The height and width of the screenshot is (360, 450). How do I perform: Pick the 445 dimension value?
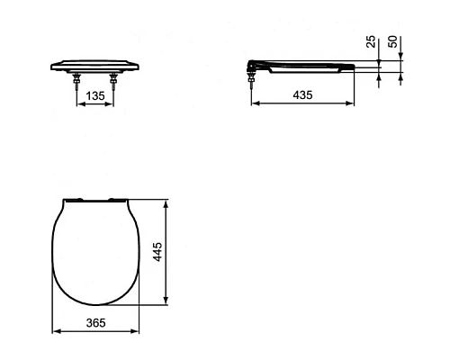click(157, 250)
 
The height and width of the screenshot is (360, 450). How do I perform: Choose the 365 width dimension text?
click(97, 321)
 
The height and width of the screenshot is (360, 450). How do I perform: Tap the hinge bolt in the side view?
click(249, 79)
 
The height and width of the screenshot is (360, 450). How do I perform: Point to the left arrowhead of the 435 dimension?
click(251, 103)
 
